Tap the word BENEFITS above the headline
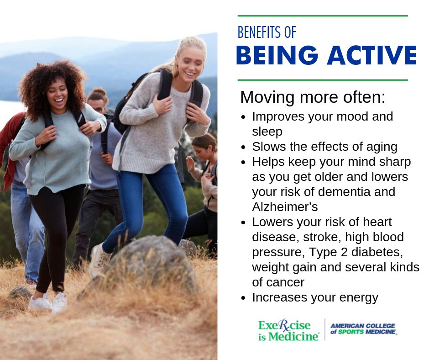point(258,32)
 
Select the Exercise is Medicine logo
point(288,330)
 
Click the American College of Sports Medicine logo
point(363,329)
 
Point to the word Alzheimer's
point(285,206)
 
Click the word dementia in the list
point(352,191)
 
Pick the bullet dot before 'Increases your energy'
point(244,298)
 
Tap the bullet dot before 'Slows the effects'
point(244,147)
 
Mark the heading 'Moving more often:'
point(313,97)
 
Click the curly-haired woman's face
point(58,94)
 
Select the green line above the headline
point(322,16)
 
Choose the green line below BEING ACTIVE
point(322,80)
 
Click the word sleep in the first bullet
point(267,132)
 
